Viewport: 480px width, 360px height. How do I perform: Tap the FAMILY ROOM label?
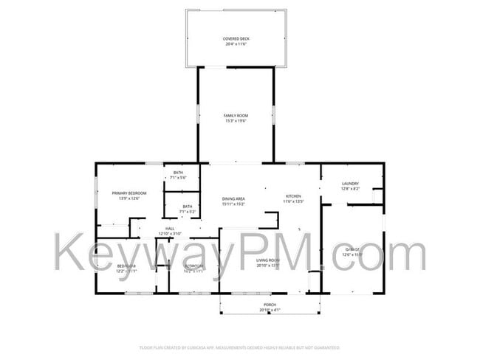(x=236, y=116)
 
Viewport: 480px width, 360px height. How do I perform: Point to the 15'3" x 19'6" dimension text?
(x=236, y=121)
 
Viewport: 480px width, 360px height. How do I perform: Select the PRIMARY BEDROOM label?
(x=129, y=193)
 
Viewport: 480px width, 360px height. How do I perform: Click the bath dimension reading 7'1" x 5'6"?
(x=178, y=177)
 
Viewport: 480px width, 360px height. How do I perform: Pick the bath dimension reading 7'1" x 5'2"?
(x=188, y=212)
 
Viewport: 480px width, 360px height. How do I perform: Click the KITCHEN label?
(x=293, y=196)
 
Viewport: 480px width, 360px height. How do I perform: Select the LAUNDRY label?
(x=350, y=184)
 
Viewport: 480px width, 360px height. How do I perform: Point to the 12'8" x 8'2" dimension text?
(x=350, y=189)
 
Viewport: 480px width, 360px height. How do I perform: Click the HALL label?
(x=170, y=229)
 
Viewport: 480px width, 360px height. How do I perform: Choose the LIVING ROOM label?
(x=267, y=260)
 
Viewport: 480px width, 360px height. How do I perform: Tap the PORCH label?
(x=270, y=305)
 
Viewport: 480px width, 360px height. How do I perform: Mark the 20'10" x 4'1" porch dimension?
(x=270, y=310)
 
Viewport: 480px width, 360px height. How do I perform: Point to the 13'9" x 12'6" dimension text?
(x=129, y=198)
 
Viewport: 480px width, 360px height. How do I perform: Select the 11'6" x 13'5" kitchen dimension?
(x=294, y=201)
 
